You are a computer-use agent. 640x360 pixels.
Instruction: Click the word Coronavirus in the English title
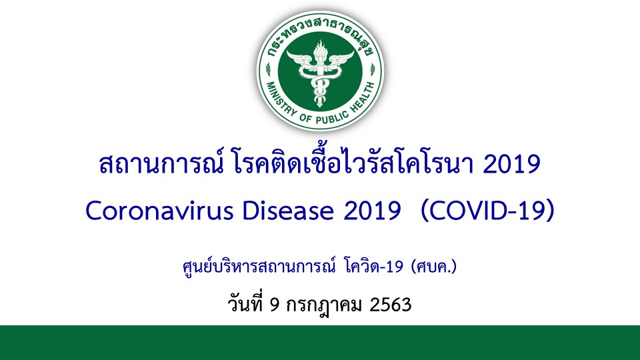pyautogui.click(x=159, y=211)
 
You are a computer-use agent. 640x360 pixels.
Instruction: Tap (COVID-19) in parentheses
pyautogui.click(x=487, y=211)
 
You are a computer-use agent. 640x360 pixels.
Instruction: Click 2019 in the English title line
pyautogui.click(x=372, y=211)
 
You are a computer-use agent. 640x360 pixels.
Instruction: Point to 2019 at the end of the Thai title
pyautogui.click(x=512, y=164)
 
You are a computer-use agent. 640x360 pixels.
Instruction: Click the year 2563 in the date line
pyautogui.click(x=390, y=305)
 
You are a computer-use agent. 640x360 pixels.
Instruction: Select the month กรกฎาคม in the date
pyautogui.click(x=324, y=305)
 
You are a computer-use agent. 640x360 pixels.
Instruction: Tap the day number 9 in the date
pyautogui.click(x=275, y=305)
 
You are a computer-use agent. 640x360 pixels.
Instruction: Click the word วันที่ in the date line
pyautogui.click(x=245, y=304)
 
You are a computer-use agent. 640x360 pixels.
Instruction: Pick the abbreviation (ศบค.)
pyautogui.click(x=434, y=267)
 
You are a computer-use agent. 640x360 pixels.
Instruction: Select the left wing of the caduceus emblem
pyautogui.click(x=301, y=59)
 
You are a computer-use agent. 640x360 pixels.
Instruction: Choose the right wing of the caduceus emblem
pyautogui.click(x=341, y=59)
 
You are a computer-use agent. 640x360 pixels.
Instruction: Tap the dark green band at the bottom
pyautogui.click(x=320, y=343)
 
